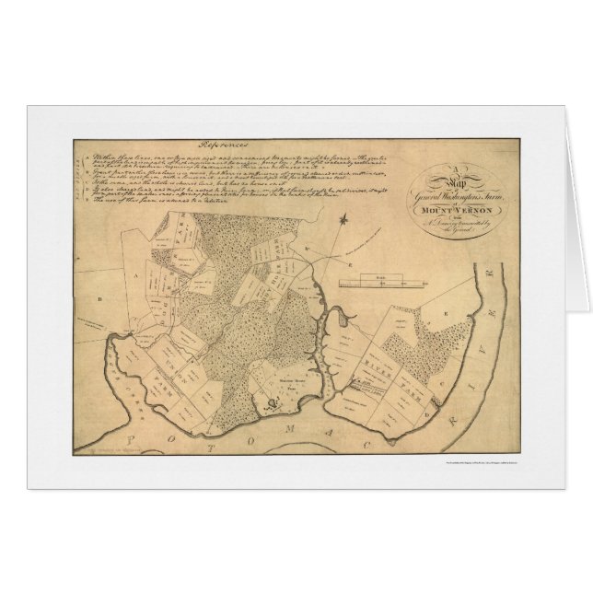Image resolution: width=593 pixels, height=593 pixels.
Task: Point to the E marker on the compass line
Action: coord(302,249)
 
